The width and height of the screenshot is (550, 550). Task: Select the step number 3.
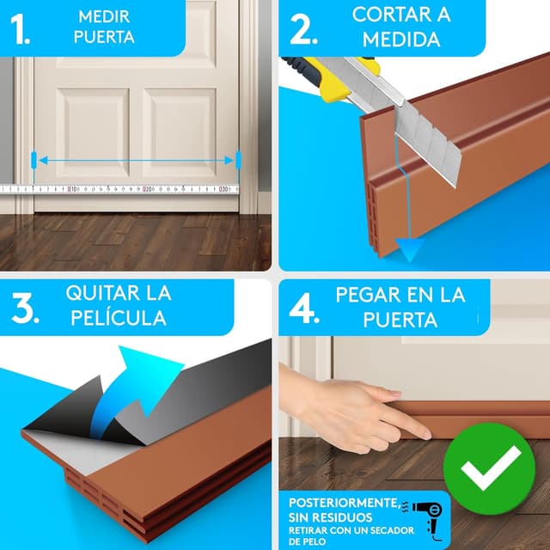(x=26, y=305)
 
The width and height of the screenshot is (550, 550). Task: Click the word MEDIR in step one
(x=105, y=16)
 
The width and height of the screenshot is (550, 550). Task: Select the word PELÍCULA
(x=119, y=317)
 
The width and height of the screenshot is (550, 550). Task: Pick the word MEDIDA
(x=401, y=40)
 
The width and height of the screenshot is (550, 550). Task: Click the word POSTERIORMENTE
(x=341, y=503)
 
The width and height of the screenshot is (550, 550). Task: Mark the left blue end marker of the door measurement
(x=34, y=160)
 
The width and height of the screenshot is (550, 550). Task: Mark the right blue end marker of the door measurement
(x=238, y=160)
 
